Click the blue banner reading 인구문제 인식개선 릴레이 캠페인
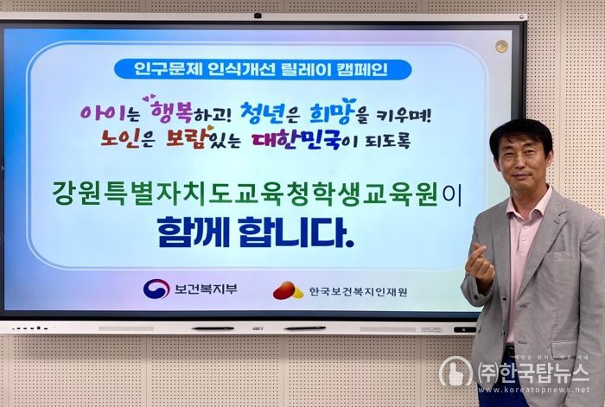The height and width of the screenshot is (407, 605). [x=262, y=69]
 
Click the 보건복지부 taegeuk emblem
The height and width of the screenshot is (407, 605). [x=156, y=289]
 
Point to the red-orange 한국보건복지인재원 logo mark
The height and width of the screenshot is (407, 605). [x=288, y=291]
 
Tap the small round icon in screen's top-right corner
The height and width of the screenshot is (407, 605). [x=501, y=46]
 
